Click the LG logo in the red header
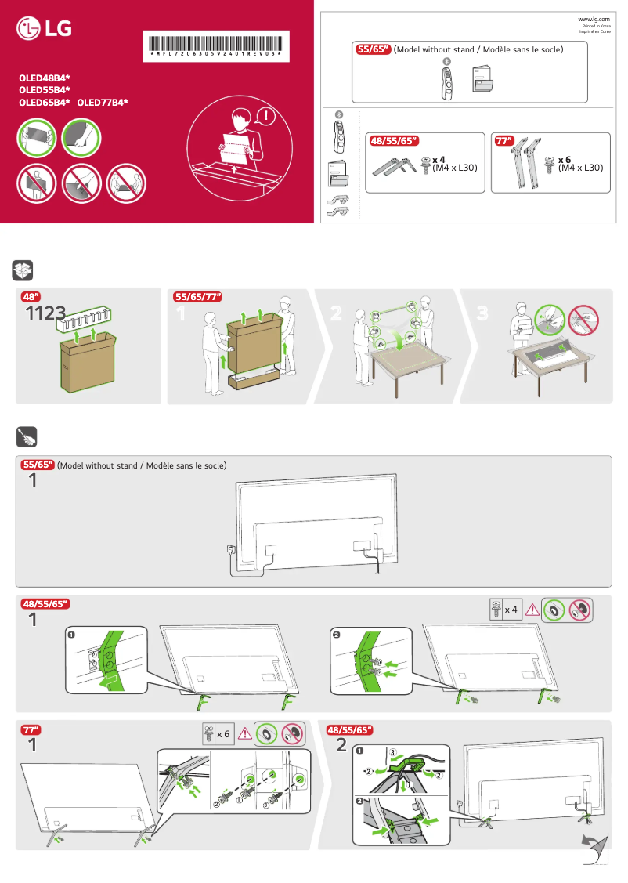(45, 30)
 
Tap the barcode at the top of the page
(217, 46)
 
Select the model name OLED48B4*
(45, 79)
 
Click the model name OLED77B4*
(103, 102)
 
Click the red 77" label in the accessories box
(503, 141)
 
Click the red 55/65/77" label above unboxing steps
(197, 297)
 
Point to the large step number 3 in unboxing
(482, 313)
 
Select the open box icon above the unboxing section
(23, 271)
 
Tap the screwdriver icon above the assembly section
(23, 436)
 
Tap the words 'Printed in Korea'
(594, 25)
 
